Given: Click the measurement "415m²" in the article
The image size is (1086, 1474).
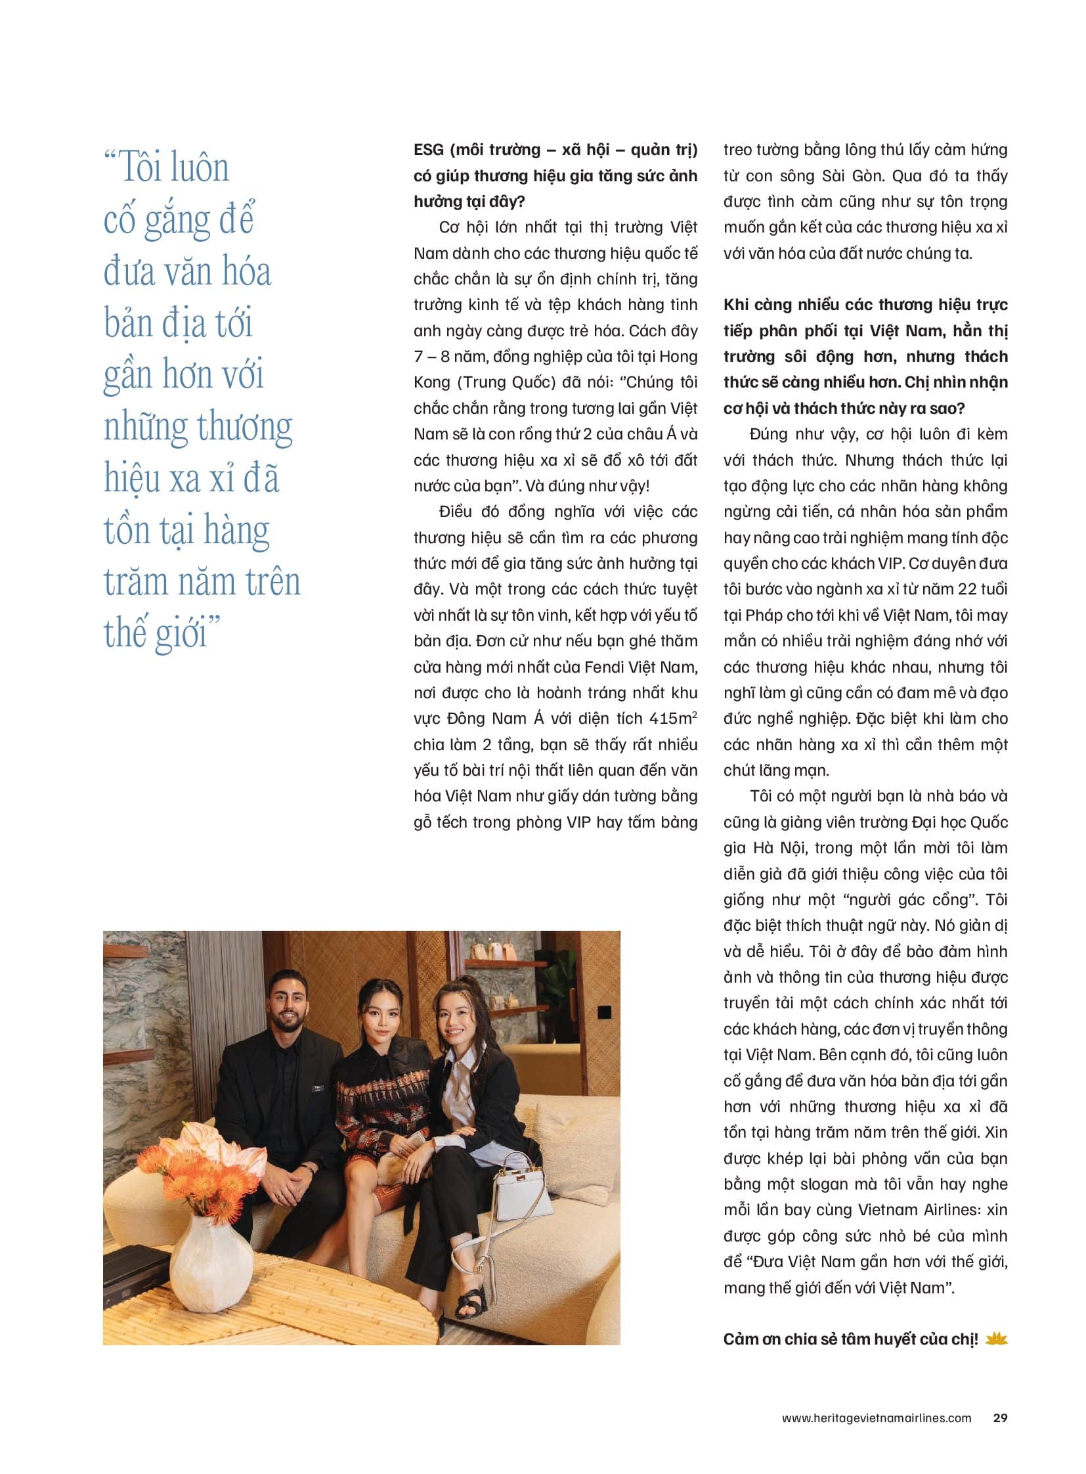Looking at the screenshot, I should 672,718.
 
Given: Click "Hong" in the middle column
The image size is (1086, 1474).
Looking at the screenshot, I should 678,357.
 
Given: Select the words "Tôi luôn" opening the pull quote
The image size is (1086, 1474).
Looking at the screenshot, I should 173,167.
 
